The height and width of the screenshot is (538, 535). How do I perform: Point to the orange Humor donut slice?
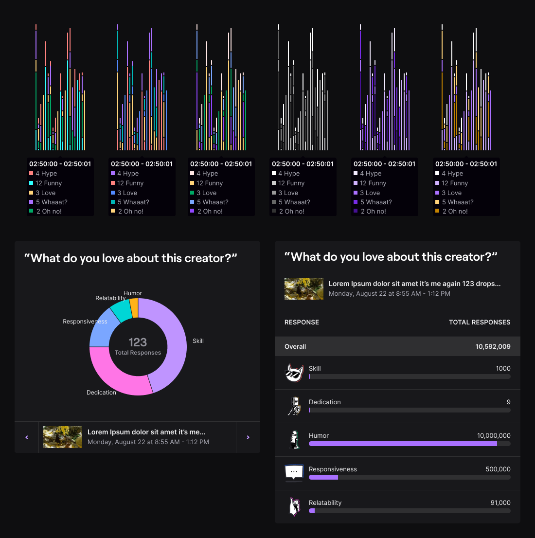[134, 307]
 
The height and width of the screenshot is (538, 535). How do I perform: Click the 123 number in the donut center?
[138, 342]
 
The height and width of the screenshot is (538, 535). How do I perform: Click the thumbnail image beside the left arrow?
[63, 437]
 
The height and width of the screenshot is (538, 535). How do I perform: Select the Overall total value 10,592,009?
[493, 347]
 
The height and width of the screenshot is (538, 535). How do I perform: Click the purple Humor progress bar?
[403, 444]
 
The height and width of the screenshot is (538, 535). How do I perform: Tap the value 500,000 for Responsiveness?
[498, 469]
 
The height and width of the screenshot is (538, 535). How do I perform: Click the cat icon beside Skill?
[294, 373]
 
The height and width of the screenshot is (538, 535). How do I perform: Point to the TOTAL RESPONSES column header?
[480, 323]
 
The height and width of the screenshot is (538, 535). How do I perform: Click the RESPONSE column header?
[302, 323]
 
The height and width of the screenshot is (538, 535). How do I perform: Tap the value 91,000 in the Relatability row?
[500, 503]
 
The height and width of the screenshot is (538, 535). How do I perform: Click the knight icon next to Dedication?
[294, 406]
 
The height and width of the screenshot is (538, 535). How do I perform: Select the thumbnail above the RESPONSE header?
[304, 288]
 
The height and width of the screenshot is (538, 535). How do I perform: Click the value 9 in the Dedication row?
[509, 402]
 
